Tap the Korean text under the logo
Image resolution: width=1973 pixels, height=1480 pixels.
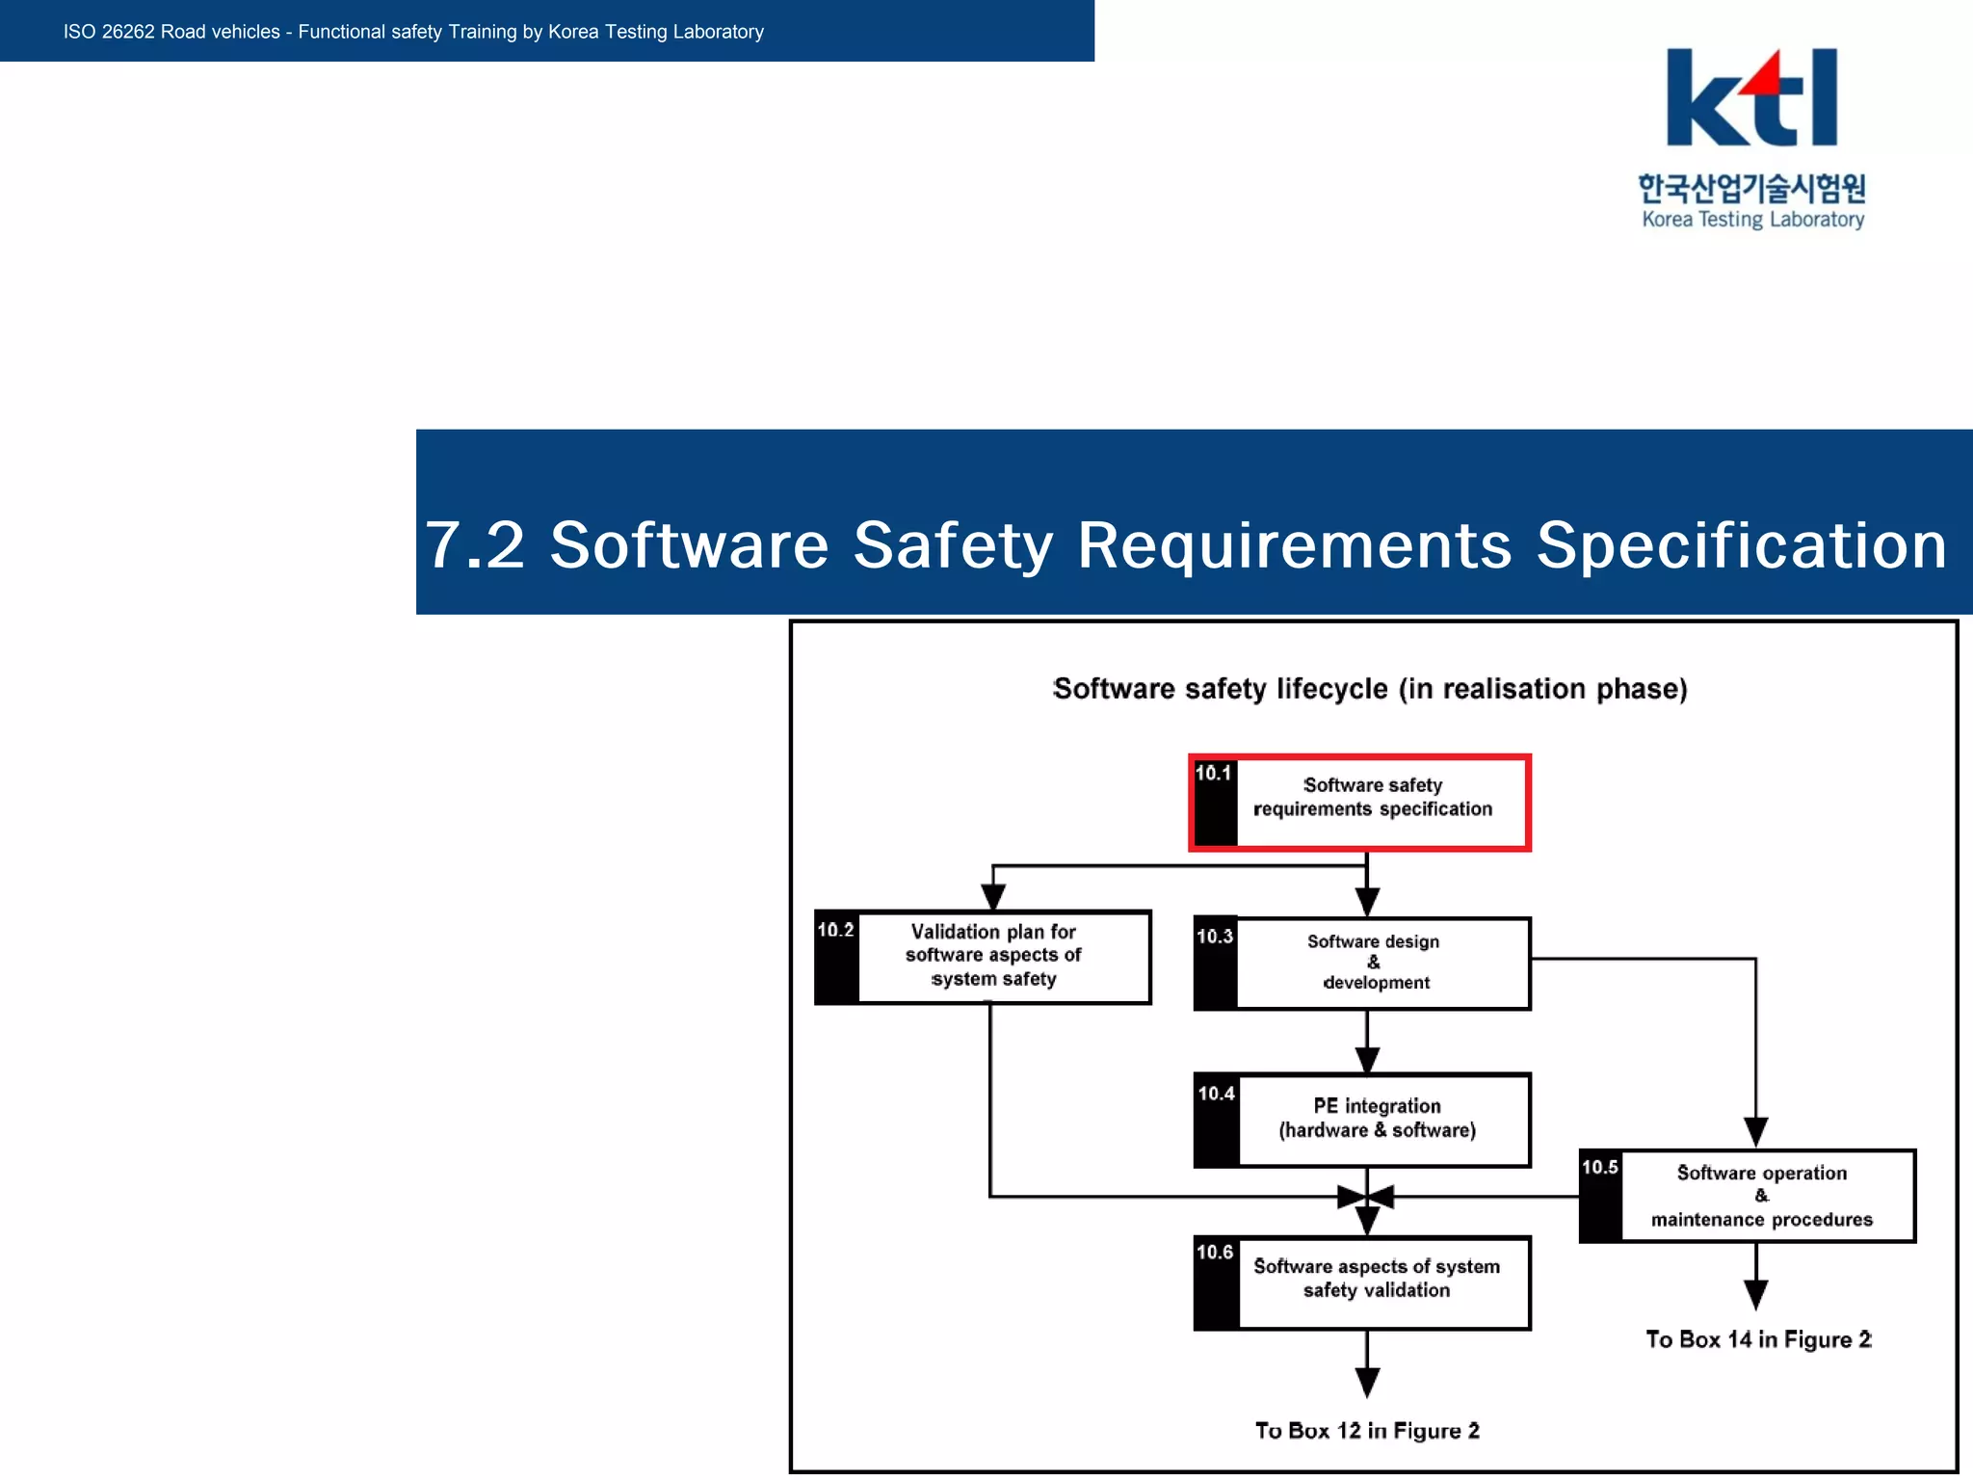click(x=1751, y=187)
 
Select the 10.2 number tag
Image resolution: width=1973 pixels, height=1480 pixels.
click(x=835, y=930)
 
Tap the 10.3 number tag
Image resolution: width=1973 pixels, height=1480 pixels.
click(x=1214, y=937)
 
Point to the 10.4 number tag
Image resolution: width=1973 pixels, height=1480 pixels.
click(x=1215, y=1094)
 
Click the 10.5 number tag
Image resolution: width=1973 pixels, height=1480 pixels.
click(x=1599, y=1168)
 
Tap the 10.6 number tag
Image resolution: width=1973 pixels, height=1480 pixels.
click(x=1215, y=1253)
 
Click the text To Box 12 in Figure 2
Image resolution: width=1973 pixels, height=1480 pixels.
click(x=1366, y=1431)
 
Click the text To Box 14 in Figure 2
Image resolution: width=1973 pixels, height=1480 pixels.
click(x=1757, y=1340)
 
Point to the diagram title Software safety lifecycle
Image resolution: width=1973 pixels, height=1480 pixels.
click(x=1369, y=689)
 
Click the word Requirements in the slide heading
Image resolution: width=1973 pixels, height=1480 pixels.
click(x=1293, y=545)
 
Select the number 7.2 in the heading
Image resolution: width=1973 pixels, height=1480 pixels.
click(x=475, y=545)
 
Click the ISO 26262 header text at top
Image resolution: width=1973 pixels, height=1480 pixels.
click(x=413, y=32)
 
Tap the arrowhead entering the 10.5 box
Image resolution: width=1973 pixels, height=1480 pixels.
click(x=1755, y=1132)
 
